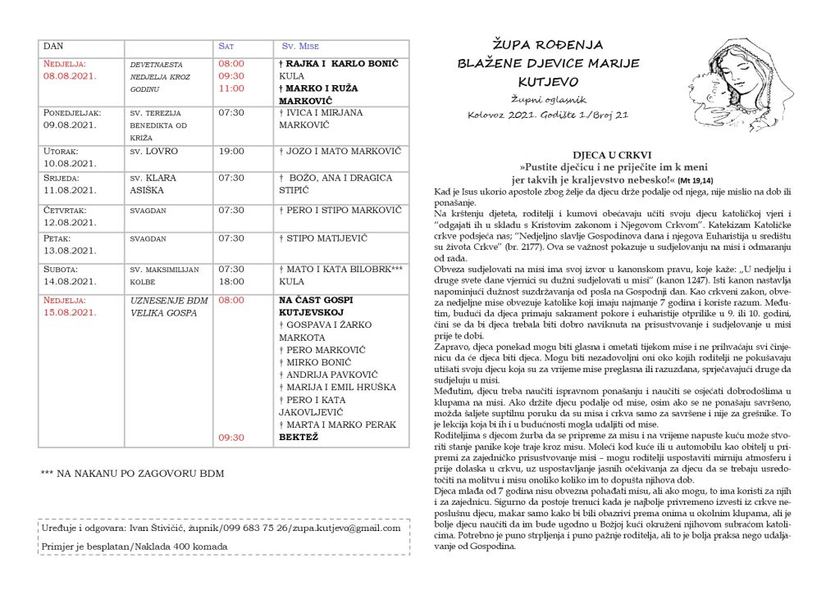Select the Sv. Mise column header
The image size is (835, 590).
300,47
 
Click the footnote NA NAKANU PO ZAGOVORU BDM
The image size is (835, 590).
132,474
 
